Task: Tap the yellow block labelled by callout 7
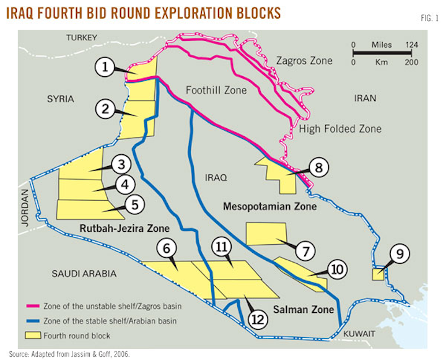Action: point(266,234)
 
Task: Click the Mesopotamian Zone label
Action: point(270,206)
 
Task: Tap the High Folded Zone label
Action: point(340,129)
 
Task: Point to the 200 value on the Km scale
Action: point(413,63)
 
